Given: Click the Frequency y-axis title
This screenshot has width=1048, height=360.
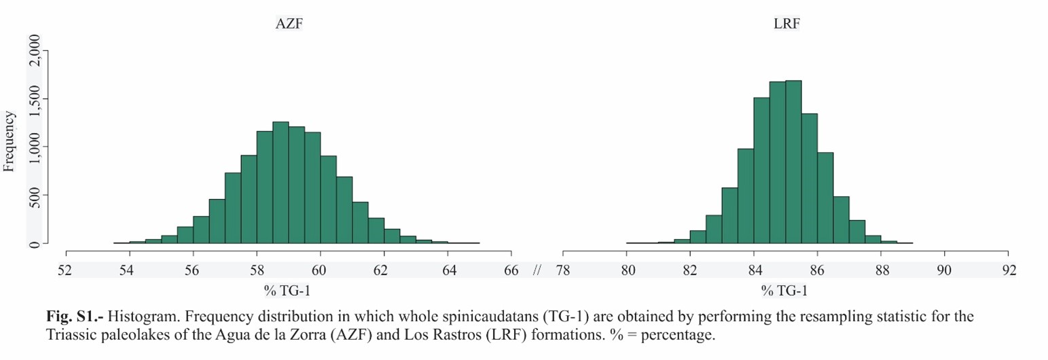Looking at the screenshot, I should pyautogui.click(x=10, y=142).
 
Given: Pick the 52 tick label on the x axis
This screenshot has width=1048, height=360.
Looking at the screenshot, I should pyautogui.click(x=65, y=270).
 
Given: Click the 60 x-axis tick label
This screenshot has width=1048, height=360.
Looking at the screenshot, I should pyautogui.click(x=320, y=270).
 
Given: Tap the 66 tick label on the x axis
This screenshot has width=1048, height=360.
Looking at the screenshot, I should pyautogui.click(x=511, y=270).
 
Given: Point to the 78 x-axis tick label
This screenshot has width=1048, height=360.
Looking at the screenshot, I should pyautogui.click(x=563, y=270).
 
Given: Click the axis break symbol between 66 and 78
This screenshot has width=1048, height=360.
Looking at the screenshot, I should pyautogui.click(x=537, y=270).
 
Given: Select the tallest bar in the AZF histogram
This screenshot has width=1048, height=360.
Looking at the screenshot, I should pyautogui.click(x=281, y=183).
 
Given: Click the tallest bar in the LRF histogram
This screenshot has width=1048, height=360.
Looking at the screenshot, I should pyautogui.click(x=793, y=163).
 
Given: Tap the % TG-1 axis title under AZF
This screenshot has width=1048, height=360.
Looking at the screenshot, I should pyautogui.click(x=288, y=291).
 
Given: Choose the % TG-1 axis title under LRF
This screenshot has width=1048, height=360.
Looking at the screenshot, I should pyautogui.click(x=784, y=291).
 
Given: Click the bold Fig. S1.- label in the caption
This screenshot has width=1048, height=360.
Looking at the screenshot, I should pyautogui.click(x=75, y=317).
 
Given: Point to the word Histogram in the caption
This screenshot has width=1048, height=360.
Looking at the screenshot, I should pyautogui.click(x=136, y=317).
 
